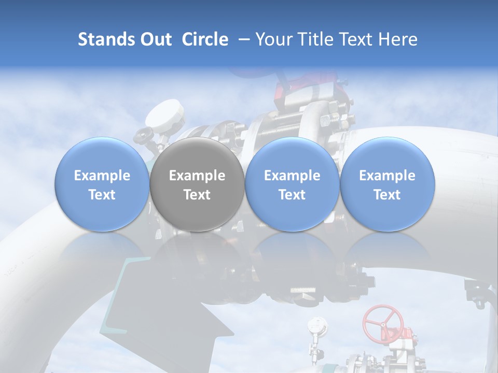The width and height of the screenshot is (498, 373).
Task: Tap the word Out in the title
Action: pos(155,39)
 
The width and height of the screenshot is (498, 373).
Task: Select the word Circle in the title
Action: pos(205,39)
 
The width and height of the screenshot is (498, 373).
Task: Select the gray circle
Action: pos(197,184)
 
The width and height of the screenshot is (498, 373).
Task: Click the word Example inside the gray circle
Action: pos(197,176)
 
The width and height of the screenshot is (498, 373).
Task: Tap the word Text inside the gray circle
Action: pos(197,195)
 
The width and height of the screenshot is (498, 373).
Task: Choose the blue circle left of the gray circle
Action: pos(102,184)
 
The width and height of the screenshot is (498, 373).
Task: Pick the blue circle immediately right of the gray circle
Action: pos(292,184)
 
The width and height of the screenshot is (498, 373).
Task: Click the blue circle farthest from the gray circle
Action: pos(387,184)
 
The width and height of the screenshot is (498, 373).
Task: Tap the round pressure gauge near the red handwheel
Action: pos(317,325)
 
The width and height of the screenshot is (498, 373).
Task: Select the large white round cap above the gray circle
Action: pos(165,116)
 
